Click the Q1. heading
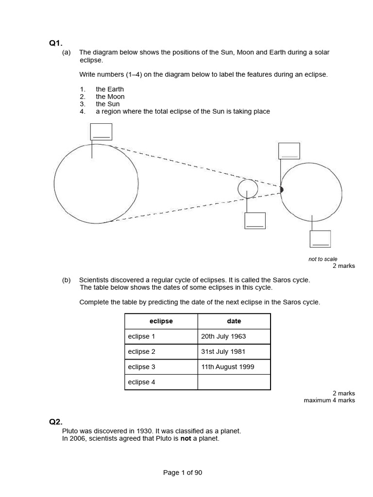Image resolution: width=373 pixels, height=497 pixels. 55,43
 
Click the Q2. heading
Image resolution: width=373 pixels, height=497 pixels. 55,422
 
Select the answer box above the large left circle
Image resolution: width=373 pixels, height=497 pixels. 101,132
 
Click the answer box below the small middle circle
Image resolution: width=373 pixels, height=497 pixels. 255,220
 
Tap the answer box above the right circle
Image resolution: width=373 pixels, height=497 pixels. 289,151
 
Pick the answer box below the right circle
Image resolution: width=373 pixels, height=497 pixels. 320,239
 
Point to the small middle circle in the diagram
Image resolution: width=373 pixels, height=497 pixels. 248,188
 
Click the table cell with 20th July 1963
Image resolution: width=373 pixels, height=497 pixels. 234,336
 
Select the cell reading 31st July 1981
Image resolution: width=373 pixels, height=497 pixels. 234,352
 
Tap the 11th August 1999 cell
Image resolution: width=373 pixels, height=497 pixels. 234,367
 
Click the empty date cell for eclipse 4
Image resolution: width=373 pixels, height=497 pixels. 234,382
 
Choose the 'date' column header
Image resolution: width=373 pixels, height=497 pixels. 234,321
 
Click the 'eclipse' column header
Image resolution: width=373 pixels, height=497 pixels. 161,321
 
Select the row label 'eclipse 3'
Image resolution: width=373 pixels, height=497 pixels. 161,367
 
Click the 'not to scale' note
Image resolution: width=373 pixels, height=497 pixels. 322,259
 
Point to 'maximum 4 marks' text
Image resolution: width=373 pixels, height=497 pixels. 329,400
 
